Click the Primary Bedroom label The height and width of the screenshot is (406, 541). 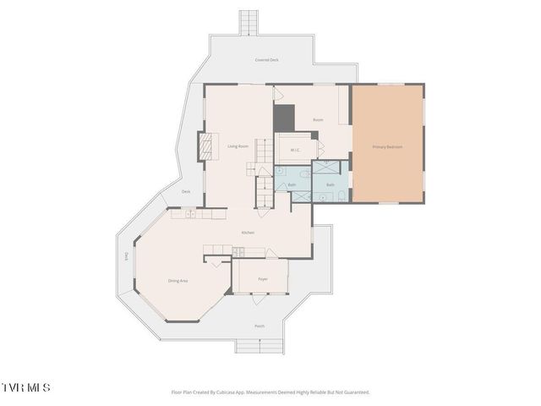point(387,146)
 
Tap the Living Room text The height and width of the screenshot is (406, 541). point(238,146)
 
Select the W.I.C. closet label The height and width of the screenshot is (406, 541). point(296,151)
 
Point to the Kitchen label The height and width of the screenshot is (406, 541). point(248,233)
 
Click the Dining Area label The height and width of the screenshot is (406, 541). point(178,280)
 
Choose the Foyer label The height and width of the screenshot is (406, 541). point(262,277)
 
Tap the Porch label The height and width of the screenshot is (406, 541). point(260,326)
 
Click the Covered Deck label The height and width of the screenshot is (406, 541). point(267,60)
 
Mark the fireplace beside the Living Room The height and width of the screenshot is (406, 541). point(205,147)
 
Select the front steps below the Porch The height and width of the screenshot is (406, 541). point(260,346)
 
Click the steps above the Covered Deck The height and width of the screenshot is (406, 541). point(248,22)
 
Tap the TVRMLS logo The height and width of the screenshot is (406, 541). point(25,387)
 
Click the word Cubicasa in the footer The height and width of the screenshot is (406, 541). point(238,392)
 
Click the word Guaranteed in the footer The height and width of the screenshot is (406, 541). point(356,392)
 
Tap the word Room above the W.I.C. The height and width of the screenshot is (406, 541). point(318,120)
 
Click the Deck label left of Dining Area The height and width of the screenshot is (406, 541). point(127,255)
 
